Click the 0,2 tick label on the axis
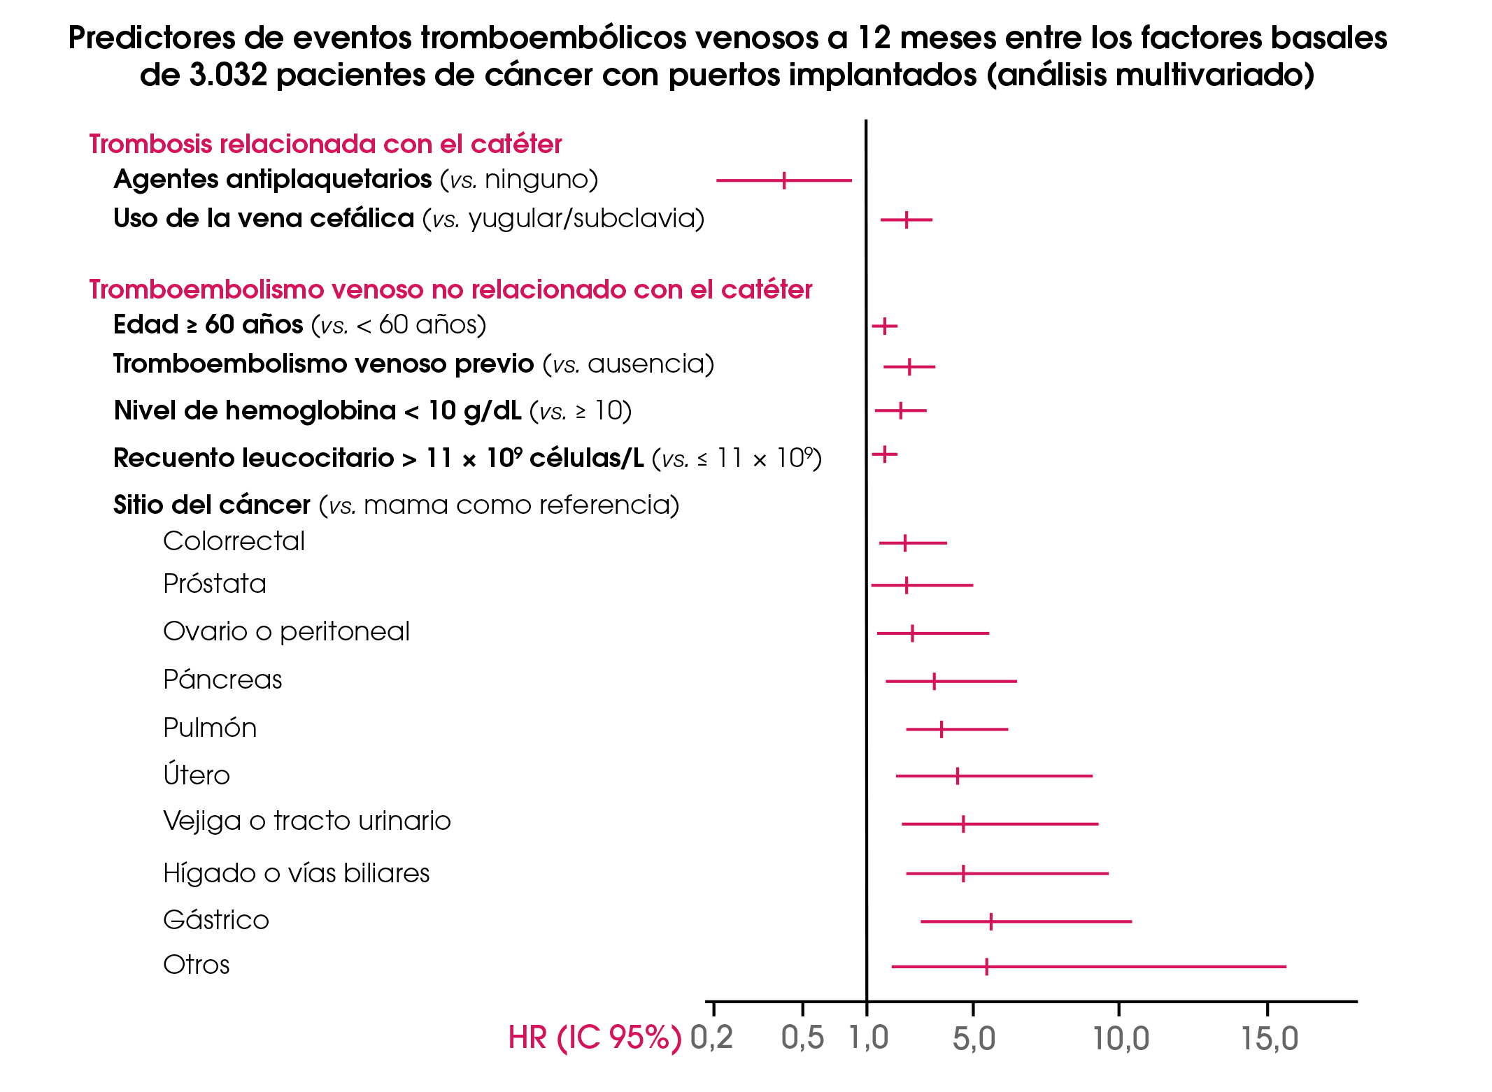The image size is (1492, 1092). point(711,1037)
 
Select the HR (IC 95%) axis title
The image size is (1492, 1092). point(595,1037)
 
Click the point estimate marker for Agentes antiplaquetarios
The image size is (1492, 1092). point(784,180)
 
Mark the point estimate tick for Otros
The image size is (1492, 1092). point(986,967)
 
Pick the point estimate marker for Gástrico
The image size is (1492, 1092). point(991,922)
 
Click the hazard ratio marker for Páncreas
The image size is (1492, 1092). point(934,682)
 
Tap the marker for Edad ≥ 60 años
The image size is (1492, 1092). point(885,326)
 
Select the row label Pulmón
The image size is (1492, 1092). point(210,728)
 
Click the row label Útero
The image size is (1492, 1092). point(197,775)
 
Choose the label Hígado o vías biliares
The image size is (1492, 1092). point(296,873)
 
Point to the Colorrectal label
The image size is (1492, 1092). point(234,541)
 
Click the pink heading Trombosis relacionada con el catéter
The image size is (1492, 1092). point(325,144)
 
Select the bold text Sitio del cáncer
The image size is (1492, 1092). point(212,505)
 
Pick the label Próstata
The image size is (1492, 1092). point(215,584)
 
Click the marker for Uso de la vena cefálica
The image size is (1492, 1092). point(907,220)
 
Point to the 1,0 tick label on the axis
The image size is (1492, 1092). point(868,1037)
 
